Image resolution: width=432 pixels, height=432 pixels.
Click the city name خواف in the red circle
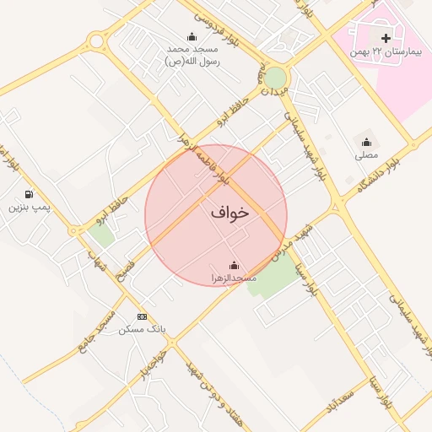point(230,213)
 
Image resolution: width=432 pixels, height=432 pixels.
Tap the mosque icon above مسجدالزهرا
point(234,265)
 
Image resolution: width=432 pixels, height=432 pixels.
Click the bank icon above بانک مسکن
point(142,316)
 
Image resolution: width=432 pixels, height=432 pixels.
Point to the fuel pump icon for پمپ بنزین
point(30,194)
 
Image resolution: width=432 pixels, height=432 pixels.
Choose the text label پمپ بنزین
point(30,207)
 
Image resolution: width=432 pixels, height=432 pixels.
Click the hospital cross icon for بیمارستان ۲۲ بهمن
point(386,38)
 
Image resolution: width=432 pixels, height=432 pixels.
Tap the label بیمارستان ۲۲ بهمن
point(385,51)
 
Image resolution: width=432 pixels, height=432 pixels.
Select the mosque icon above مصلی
point(366,143)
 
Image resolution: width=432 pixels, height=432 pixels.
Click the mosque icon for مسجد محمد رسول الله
point(192,36)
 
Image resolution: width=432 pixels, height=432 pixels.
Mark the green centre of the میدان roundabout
point(276,78)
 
